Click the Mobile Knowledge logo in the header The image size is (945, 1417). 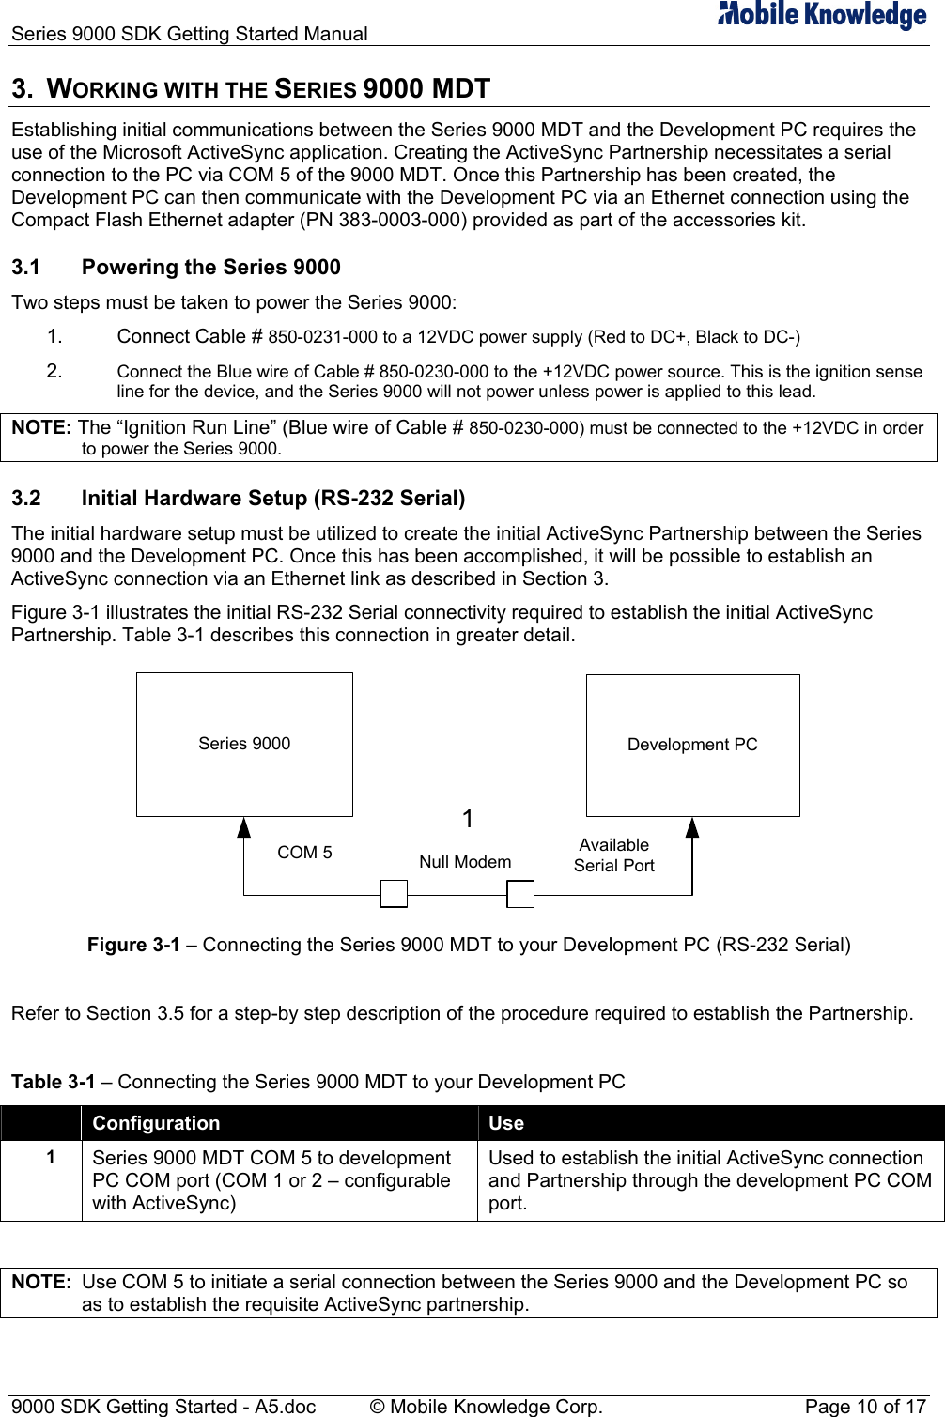pos(822,15)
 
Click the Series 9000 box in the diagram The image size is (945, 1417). pos(244,744)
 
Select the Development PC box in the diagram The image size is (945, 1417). pos(692,745)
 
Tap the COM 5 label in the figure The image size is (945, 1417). pos(304,853)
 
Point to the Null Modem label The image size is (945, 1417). pos(465,862)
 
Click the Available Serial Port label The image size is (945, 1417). pos(613,855)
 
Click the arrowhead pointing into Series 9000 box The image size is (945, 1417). pos(244,827)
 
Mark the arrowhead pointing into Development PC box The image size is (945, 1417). pos(692,827)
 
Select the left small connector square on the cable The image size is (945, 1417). pos(394,894)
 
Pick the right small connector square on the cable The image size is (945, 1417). pos(520,894)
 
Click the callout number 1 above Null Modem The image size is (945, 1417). pos(468,820)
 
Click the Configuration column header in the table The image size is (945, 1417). pos(156,1123)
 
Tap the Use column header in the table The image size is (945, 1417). pos(506,1123)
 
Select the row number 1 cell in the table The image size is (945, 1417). pos(51,1157)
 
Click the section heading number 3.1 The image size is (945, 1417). pos(26,268)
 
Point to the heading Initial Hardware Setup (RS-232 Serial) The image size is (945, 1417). pos(273,499)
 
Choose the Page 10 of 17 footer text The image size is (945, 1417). pos(865,1407)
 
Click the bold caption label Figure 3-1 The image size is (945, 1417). pos(133,945)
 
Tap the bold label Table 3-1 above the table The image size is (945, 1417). pos(54,1082)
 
